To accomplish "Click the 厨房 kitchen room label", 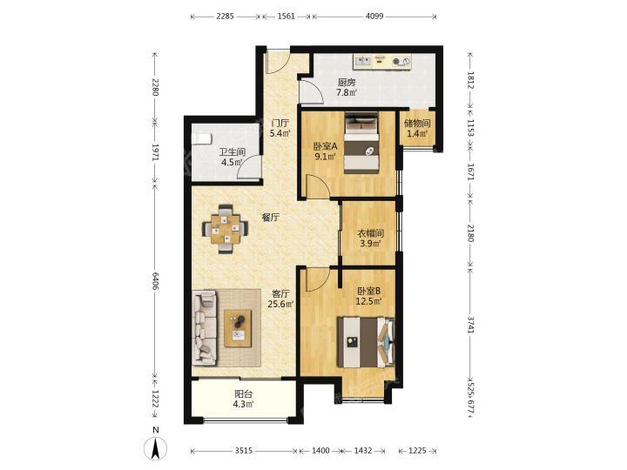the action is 347,83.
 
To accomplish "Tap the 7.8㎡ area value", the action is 347,93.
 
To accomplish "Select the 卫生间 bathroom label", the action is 233,152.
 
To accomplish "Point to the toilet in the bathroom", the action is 202,138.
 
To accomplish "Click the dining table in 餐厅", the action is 226,229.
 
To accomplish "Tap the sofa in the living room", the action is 204,328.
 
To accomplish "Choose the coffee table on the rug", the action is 238,328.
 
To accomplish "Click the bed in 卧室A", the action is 362,143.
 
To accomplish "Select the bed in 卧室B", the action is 366,342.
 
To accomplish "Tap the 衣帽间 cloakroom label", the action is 370,233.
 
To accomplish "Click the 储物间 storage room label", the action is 417,124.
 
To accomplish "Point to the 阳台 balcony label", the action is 244,394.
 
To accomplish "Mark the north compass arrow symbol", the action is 156,448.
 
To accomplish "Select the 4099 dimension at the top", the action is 374,17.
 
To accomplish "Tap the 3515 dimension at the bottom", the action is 243,451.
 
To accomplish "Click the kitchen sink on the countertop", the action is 363,62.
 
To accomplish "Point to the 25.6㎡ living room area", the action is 280,304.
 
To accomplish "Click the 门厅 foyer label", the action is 280,123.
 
